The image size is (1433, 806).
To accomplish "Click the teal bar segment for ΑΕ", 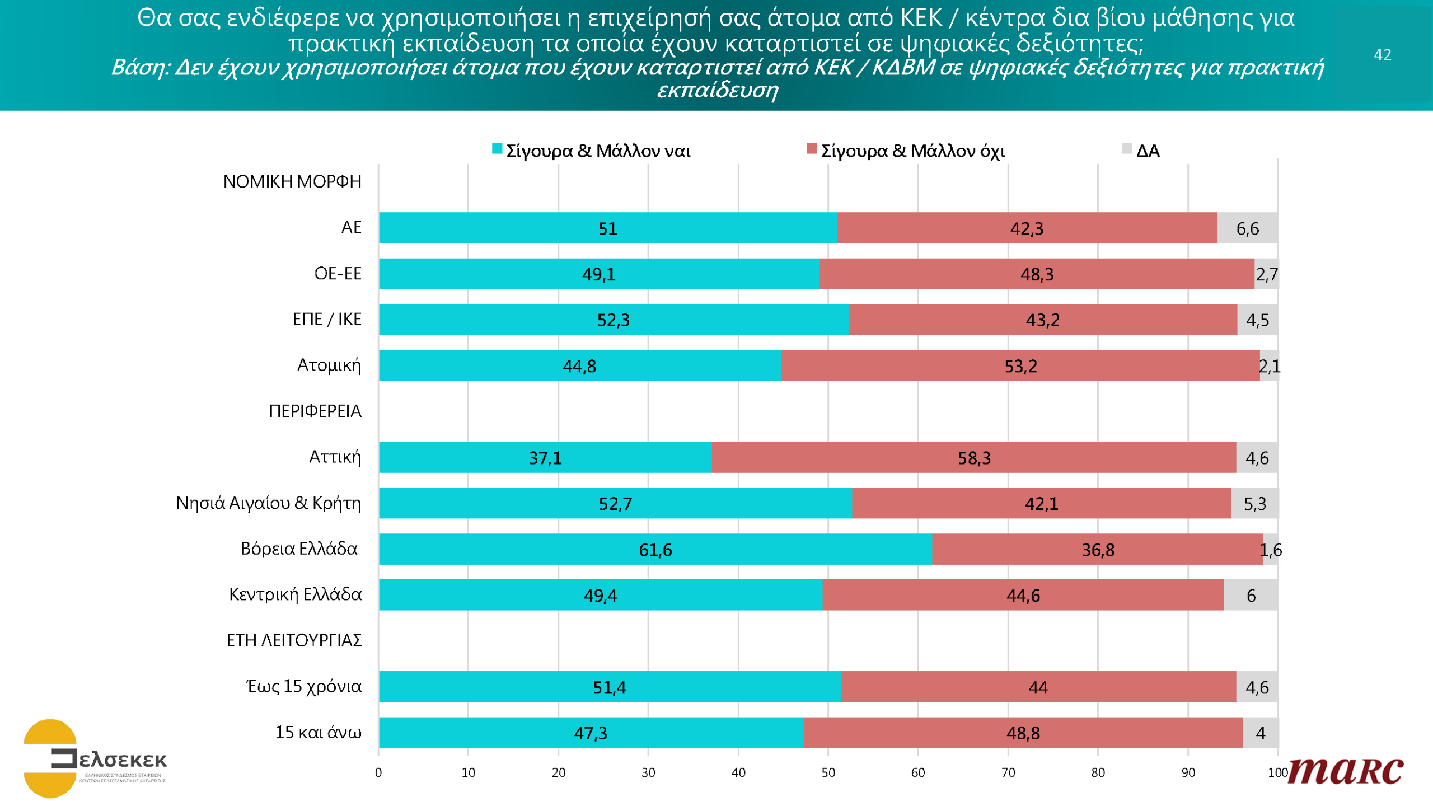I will click(x=607, y=228).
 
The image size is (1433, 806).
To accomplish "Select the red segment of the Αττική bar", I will click(x=973, y=457).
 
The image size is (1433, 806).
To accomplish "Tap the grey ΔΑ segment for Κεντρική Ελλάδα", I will click(x=1251, y=595).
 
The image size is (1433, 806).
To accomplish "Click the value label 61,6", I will click(x=655, y=550).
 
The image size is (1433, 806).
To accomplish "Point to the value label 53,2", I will click(x=1020, y=366).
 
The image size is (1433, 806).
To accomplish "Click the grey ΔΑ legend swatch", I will click(x=1127, y=149).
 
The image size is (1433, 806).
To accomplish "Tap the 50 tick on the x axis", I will click(x=828, y=772).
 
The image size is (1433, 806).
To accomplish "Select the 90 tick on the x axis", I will click(x=1188, y=772).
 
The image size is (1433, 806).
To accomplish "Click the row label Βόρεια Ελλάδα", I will click(x=299, y=549).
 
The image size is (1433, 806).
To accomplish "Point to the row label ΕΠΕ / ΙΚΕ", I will click(x=327, y=319).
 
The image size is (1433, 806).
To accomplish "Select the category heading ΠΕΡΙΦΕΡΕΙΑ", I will click(x=315, y=411).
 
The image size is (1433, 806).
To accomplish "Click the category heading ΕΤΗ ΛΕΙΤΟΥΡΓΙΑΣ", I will click(x=294, y=640).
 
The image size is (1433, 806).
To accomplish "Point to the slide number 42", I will click(x=1382, y=54).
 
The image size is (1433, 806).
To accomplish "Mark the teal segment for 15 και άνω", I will click(x=591, y=733).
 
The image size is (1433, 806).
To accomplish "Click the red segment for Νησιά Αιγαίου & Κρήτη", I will click(x=1041, y=503).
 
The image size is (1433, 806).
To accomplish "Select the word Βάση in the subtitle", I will click(x=139, y=68).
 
